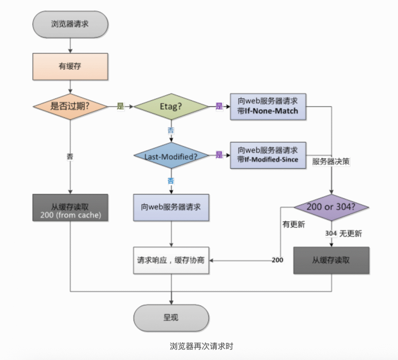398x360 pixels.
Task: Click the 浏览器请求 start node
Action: click(70, 24)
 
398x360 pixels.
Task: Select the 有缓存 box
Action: click(70, 66)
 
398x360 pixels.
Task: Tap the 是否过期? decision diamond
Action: click(70, 107)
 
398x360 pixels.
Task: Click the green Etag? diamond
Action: click(171, 107)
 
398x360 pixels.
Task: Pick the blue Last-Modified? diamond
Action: click(171, 156)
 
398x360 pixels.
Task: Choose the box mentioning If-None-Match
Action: click(268, 107)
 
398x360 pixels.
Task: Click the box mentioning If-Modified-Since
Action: click(268, 155)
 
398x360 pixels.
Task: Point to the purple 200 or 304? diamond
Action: click(331, 208)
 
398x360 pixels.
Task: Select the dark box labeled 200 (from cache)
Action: click(70, 208)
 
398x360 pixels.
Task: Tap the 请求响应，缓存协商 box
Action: click(171, 260)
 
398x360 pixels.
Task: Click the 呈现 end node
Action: click(171, 318)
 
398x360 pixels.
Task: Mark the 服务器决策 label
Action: click(331, 161)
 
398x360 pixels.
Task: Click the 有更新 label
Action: click(294, 224)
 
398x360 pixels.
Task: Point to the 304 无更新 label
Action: click(344, 234)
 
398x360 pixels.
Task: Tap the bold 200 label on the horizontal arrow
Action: click(278, 260)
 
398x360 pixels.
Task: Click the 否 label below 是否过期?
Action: click(70, 157)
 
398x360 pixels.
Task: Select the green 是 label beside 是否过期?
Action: click(120, 106)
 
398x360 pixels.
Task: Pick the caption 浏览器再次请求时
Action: click(201, 346)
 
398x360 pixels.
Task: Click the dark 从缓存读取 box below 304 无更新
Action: click(331, 260)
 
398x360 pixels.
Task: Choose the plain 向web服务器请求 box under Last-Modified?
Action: click(171, 208)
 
